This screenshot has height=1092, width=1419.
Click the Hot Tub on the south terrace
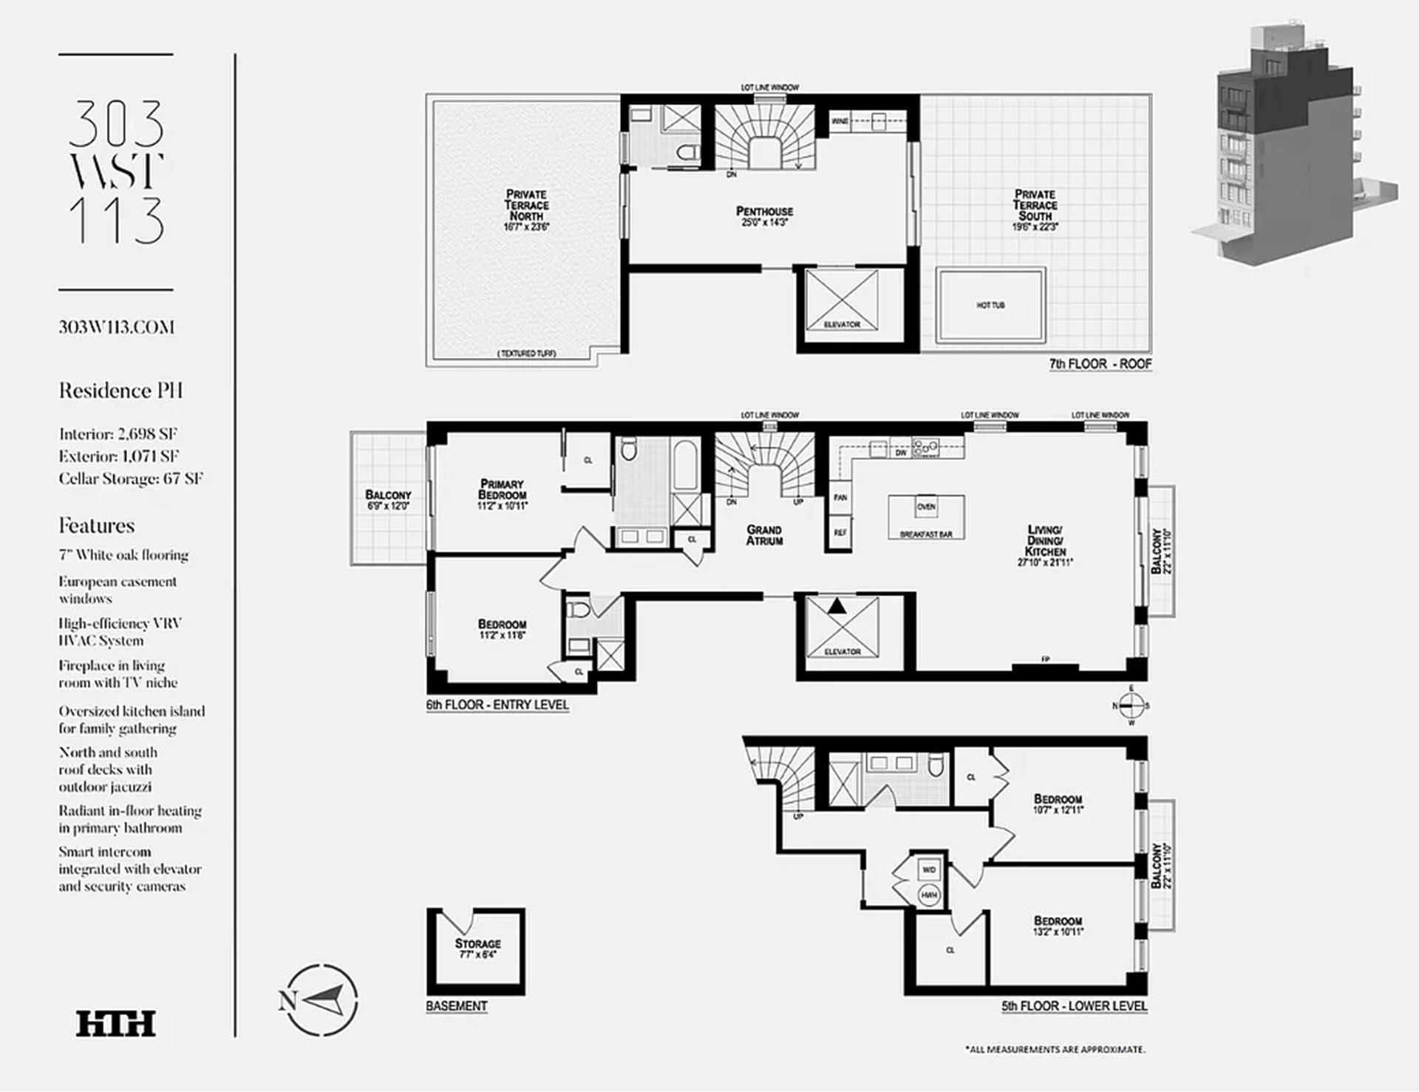click(990, 305)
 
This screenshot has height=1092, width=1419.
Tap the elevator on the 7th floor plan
click(842, 303)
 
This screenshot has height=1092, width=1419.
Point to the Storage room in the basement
click(477, 949)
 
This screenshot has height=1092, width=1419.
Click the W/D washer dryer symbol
click(929, 870)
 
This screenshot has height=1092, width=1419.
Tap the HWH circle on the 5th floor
click(929, 895)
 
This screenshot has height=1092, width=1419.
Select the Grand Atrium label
click(764, 535)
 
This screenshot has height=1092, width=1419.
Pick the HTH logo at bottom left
click(116, 1024)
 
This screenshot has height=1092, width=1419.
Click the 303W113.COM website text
click(117, 328)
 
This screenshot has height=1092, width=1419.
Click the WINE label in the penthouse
click(840, 121)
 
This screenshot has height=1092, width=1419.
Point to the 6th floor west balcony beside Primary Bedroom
click(388, 499)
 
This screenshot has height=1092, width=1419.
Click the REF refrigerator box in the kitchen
click(840, 533)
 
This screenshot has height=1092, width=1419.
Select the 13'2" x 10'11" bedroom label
click(1058, 926)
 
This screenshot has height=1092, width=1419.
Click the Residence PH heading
click(120, 390)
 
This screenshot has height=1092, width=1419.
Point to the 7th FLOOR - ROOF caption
click(1100, 364)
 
